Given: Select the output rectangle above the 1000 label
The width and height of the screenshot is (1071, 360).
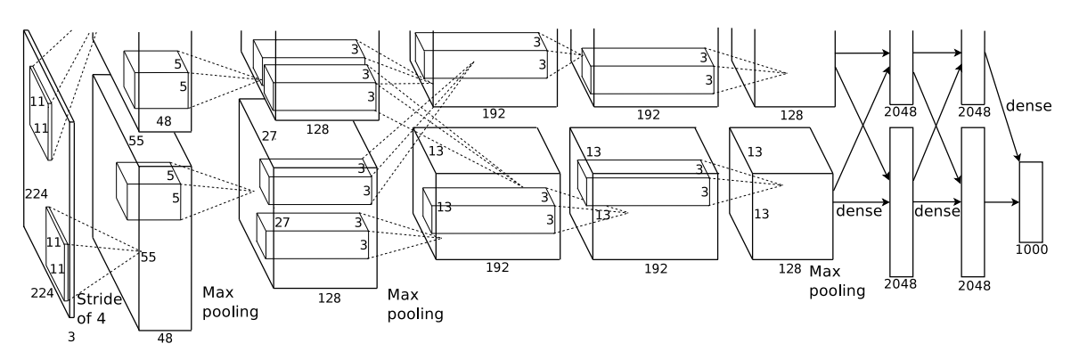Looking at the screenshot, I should (1031, 201).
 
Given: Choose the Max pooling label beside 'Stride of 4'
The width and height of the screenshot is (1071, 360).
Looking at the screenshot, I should (230, 302).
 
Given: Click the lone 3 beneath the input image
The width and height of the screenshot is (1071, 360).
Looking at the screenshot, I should (72, 337).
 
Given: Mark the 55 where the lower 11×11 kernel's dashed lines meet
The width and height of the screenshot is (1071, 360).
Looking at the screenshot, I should (148, 258).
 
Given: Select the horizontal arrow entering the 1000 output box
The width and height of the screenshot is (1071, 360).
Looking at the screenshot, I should (1002, 202).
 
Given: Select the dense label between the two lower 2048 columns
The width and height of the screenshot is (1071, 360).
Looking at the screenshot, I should (936, 212).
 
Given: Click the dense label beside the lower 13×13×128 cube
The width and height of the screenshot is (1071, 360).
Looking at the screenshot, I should (859, 212).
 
